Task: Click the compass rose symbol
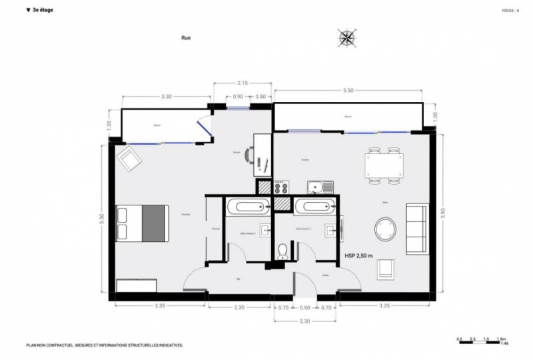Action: click(346, 38)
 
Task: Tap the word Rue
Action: click(186, 39)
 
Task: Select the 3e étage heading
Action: click(41, 11)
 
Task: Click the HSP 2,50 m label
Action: click(359, 255)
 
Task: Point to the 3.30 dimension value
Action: click(166, 97)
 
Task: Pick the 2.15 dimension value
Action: click(243, 83)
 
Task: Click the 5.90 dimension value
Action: click(442, 213)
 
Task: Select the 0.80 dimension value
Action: click(261, 97)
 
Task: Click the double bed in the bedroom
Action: click(142, 223)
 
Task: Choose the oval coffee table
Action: click(386, 229)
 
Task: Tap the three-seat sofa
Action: click(416, 229)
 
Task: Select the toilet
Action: click(282, 250)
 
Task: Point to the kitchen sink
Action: click(320, 187)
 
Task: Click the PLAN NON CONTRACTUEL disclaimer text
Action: click(104, 345)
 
